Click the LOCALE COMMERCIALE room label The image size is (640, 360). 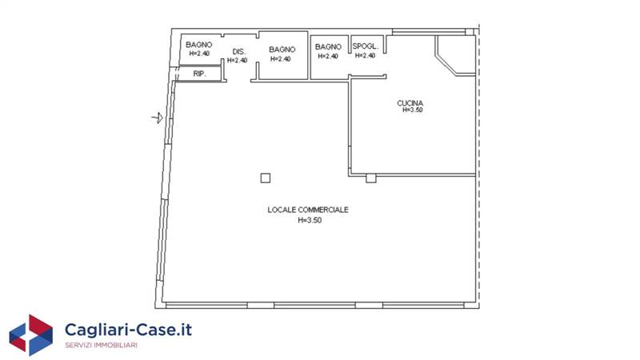(x=308, y=210)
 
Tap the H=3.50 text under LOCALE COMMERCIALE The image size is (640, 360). (x=310, y=221)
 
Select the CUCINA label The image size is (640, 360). (x=410, y=103)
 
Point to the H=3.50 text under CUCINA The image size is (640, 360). (x=412, y=110)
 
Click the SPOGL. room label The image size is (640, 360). (x=366, y=46)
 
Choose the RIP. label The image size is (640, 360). (x=199, y=74)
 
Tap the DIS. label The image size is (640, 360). (x=238, y=52)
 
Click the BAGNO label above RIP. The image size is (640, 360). (x=198, y=45)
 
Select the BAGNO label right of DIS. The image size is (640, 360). (x=282, y=50)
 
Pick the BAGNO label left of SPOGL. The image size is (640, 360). (x=328, y=47)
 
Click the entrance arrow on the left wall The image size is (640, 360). (x=158, y=118)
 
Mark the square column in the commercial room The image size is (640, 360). (x=266, y=178)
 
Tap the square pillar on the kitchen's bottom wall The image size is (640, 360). (x=370, y=178)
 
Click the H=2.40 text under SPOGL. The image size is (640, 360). (x=365, y=55)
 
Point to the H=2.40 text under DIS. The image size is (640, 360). (x=237, y=61)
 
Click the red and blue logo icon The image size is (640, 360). (x=31, y=334)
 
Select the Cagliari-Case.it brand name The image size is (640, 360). (x=128, y=330)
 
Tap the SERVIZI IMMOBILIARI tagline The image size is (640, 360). (x=102, y=346)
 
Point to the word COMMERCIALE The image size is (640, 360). (x=323, y=210)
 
